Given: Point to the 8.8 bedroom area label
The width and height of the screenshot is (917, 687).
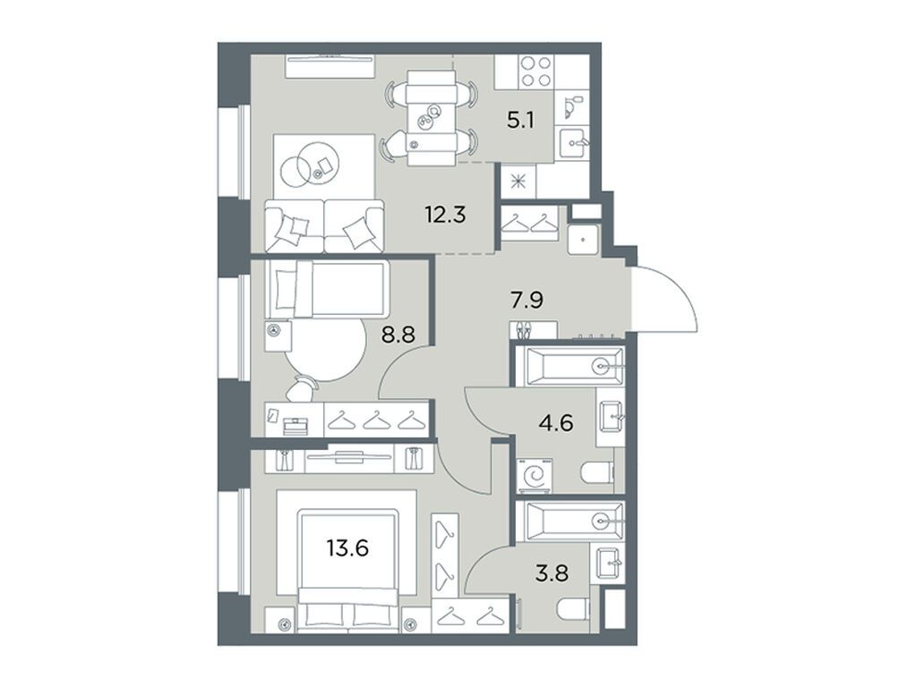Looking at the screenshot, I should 399,339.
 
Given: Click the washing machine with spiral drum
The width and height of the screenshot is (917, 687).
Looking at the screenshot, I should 536,475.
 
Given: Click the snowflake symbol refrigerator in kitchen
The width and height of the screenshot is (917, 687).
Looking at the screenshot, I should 517,179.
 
